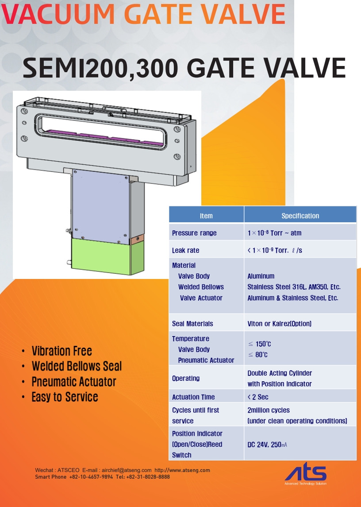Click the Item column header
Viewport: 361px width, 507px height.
point(206,216)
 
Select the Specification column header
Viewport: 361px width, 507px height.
point(300,216)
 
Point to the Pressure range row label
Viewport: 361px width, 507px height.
point(194,233)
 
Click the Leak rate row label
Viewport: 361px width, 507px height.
point(185,250)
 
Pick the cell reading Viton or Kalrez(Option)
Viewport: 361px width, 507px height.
point(280,324)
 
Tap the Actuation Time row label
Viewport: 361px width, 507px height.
point(193,397)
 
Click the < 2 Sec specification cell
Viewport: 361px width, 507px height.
point(258,397)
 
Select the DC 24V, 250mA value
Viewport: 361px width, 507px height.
point(267,445)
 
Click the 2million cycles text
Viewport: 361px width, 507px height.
point(269,410)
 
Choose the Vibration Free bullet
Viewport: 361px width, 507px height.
point(62,351)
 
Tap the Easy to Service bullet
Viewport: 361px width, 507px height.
point(65,397)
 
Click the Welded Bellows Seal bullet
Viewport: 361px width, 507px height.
point(77,366)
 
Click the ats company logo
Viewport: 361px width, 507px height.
point(306,475)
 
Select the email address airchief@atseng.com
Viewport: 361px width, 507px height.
point(127,470)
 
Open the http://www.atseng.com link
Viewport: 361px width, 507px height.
point(182,470)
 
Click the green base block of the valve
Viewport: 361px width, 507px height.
point(108,256)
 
